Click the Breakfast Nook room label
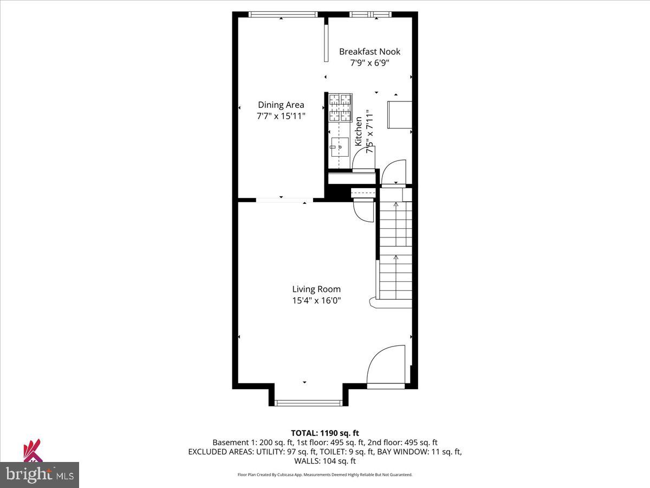pyautogui.click(x=369, y=52)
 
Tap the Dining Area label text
pyautogui.click(x=281, y=105)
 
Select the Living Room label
pyautogui.click(x=316, y=290)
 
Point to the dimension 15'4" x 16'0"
pyautogui.click(x=316, y=300)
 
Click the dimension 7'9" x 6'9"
pyautogui.click(x=369, y=62)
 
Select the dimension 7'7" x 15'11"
pyautogui.click(x=281, y=115)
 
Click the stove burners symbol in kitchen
pyautogui.click(x=340, y=107)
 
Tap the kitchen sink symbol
pyautogui.click(x=339, y=146)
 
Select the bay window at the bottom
pyautogui.click(x=308, y=402)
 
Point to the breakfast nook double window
pyautogui.click(x=370, y=15)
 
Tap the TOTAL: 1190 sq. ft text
pyautogui.click(x=324, y=433)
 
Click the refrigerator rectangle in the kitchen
pyautogui.click(x=399, y=114)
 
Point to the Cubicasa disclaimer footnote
pyautogui.click(x=325, y=474)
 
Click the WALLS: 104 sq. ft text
pyautogui.click(x=324, y=461)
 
